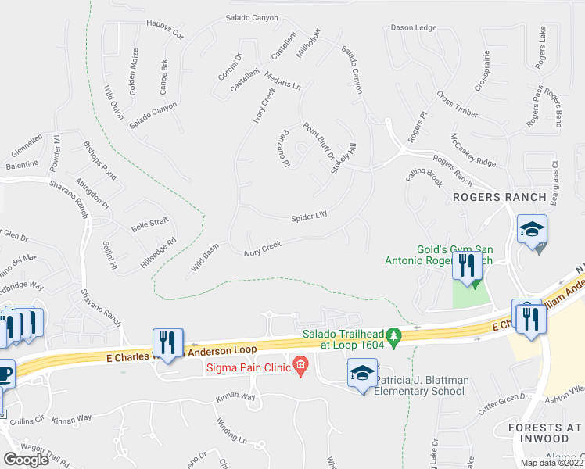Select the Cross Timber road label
coord(458,105)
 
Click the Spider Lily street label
coord(309,217)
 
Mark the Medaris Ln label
coord(283,82)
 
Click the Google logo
coord(26,459)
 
